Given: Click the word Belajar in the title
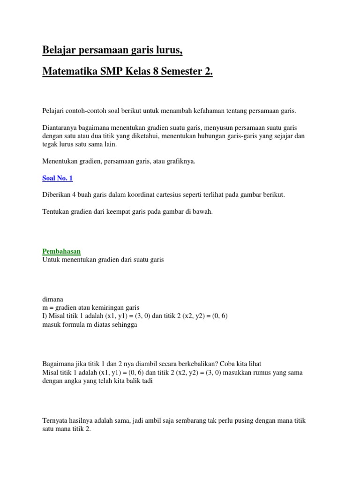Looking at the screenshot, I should coord(60,49).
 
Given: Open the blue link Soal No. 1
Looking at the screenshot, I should coord(57,178).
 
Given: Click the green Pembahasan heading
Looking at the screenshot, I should coord(61,251).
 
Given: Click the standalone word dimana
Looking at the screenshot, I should coord(52,300).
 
